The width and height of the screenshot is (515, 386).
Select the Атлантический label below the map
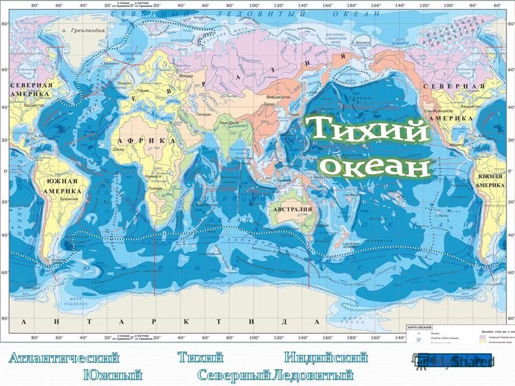(64, 358)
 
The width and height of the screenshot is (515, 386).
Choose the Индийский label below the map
(326, 358)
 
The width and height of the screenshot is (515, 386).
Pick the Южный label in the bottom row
(112, 375)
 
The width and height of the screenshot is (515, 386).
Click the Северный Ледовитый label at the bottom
(275, 375)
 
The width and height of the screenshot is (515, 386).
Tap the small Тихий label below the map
(200, 358)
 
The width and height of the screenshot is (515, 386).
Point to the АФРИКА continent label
(143, 140)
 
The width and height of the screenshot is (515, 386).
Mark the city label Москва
(186, 76)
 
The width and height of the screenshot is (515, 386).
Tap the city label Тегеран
(203, 114)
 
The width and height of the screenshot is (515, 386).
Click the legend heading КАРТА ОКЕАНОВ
(421, 326)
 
